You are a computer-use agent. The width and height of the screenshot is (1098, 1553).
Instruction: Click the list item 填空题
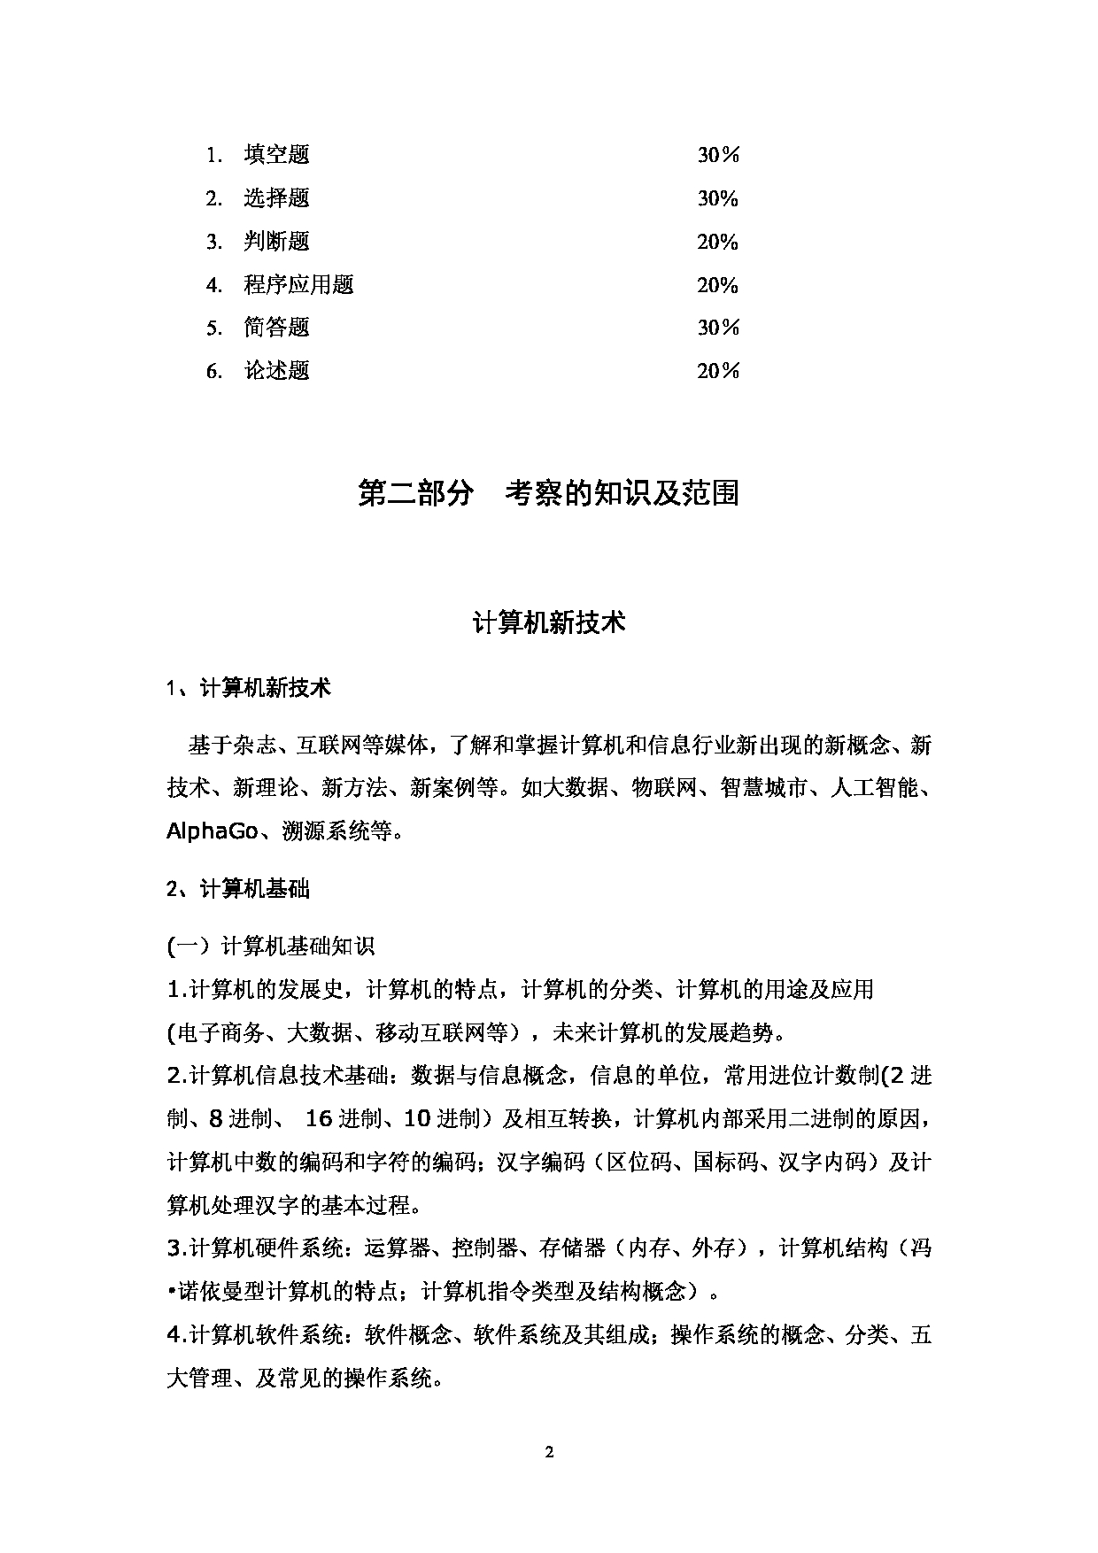click(276, 155)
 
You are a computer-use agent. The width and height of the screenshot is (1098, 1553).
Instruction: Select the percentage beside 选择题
click(717, 198)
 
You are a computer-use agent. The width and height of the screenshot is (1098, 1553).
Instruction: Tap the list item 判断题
click(276, 242)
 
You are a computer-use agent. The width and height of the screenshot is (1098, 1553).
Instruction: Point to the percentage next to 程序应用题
click(717, 285)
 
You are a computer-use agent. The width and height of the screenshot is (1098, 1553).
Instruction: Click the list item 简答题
click(276, 328)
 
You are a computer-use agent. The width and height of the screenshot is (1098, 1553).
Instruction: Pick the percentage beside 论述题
click(717, 371)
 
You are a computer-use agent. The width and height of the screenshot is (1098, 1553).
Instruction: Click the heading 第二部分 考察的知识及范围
click(548, 493)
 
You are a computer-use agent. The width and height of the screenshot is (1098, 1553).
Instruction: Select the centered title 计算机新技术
click(549, 622)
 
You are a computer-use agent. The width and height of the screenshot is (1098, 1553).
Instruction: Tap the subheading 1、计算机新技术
click(249, 687)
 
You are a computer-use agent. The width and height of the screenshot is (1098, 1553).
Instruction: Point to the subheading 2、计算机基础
click(238, 888)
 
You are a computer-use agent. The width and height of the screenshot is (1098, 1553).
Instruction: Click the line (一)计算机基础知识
click(271, 946)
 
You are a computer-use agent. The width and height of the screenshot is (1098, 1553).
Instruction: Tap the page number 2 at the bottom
click(549, 1451)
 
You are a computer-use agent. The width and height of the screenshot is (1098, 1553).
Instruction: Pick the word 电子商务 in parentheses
click(220, 1032)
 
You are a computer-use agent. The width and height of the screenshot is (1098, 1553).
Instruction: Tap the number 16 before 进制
click(318, 1118)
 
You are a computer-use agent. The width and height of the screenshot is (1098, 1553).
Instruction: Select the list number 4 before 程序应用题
click(213, 285)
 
